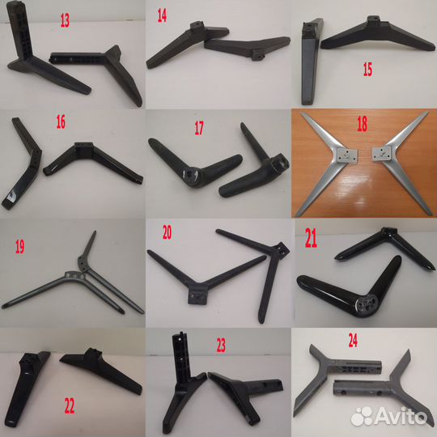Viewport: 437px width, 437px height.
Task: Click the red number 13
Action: pos(65,20)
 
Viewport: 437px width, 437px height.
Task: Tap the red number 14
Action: pos(162,15)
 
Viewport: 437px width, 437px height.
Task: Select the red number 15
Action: pos(367,70)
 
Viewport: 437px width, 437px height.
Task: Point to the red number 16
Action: pos(61,122)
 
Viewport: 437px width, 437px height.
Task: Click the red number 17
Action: pos(199,128)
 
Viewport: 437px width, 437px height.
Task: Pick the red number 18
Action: pos(363,124)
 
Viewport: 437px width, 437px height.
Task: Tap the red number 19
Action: pos(19,247)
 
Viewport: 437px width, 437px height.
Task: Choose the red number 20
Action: pos(167,233)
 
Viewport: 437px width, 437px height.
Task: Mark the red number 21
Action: pos(311,238)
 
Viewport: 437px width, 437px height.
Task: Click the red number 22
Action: pos(70,405)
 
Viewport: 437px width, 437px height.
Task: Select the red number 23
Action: pos(221,346)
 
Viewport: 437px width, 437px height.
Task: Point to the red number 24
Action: pos(353,341)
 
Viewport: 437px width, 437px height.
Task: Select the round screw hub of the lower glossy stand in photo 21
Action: pos(367,305)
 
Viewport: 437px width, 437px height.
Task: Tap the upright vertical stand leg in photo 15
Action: pos(312,62)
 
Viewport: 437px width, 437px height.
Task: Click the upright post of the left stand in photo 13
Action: pos(19,29)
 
